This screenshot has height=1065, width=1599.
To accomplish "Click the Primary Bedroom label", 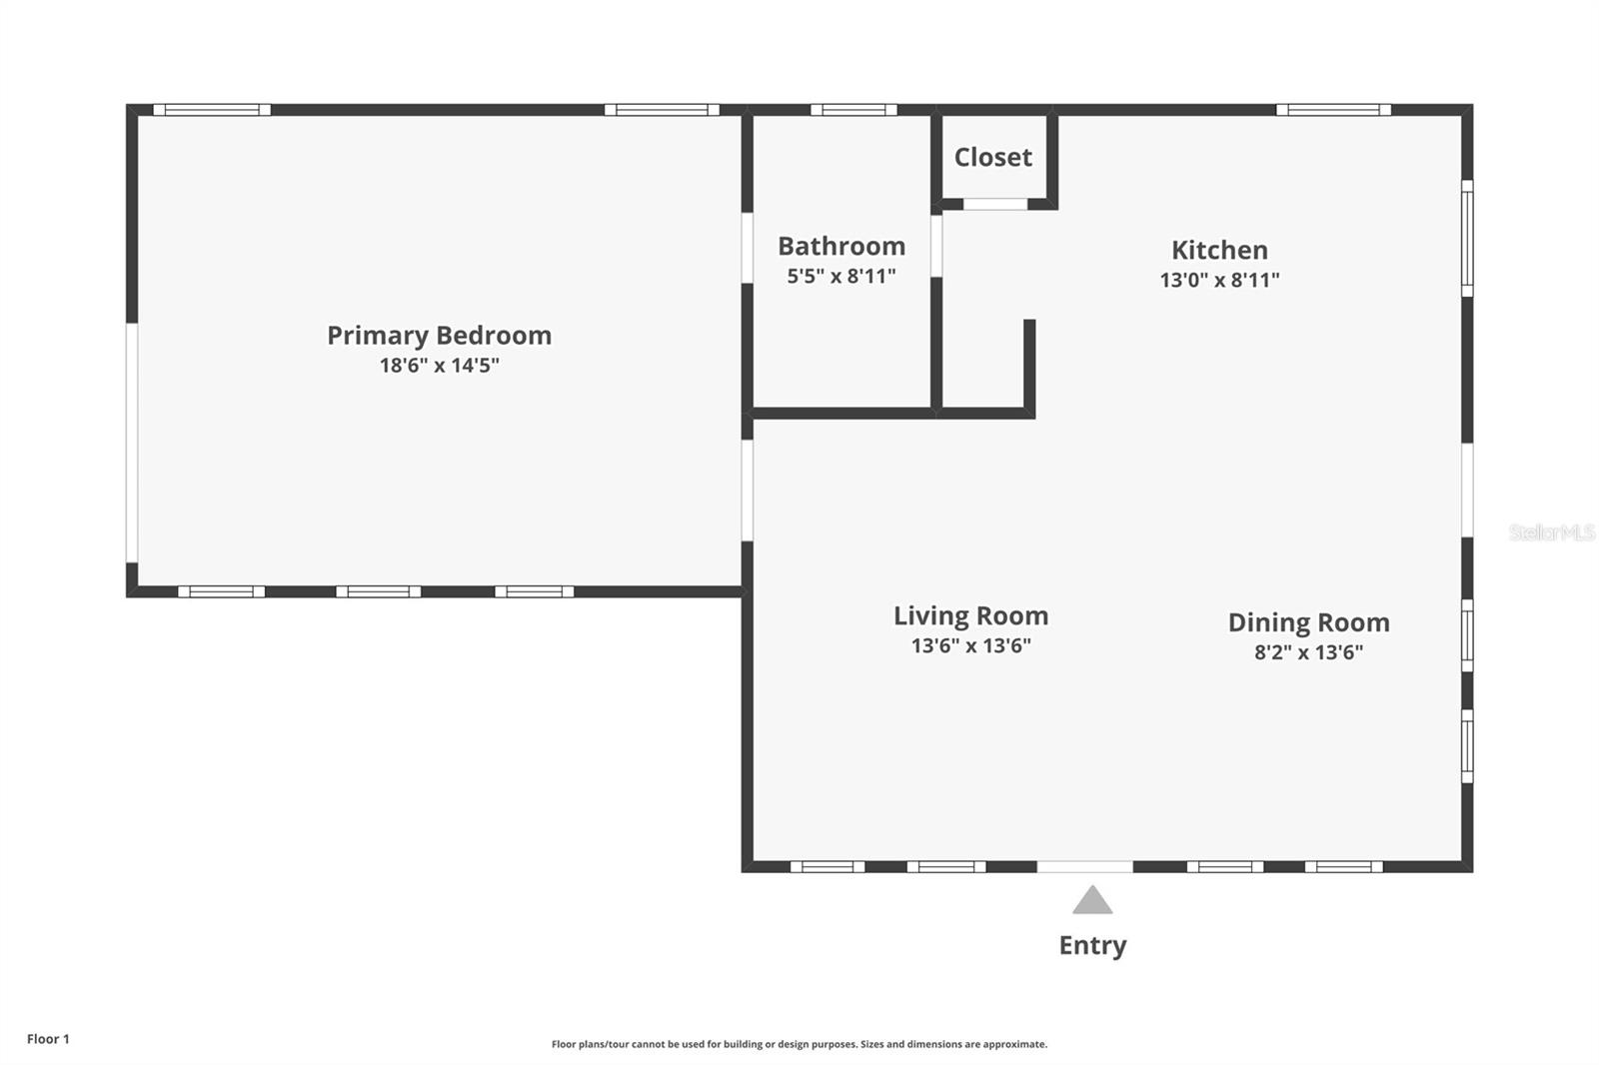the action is pos(439,336).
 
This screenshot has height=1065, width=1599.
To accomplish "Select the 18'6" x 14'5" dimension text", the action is pos(439,366).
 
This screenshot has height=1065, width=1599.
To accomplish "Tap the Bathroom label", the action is pos(841,246).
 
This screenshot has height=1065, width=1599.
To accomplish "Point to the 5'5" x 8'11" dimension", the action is pos(840,277).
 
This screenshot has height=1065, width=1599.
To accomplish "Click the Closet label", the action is pos(993,157).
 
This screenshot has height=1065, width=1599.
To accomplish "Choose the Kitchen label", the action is pos(1219,250).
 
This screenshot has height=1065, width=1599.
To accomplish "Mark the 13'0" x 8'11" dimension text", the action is pos(1219,280).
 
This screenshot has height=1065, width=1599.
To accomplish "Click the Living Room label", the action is pos(970,616).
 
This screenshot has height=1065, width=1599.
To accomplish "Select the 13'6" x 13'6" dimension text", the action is pos(970,646).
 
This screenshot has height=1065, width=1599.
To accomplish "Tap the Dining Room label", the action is pos(1308,622).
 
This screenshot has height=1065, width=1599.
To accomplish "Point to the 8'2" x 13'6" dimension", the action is pos(1308,652).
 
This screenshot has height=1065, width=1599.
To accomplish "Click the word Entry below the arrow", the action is pos(1092,946).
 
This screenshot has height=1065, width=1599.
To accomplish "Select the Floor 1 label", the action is pos(49,1039).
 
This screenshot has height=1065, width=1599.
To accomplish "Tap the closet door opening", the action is pos(995,204).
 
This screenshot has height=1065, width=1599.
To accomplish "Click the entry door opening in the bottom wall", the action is pos(1084,866).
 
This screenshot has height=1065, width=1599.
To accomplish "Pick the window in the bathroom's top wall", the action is pos(853,110).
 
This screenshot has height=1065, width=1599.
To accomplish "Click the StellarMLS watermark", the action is pos(1551,532).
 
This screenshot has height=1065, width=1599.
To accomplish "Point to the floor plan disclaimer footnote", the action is pos(799,1044).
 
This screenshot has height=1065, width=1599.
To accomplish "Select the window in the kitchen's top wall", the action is pos(1333,110).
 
